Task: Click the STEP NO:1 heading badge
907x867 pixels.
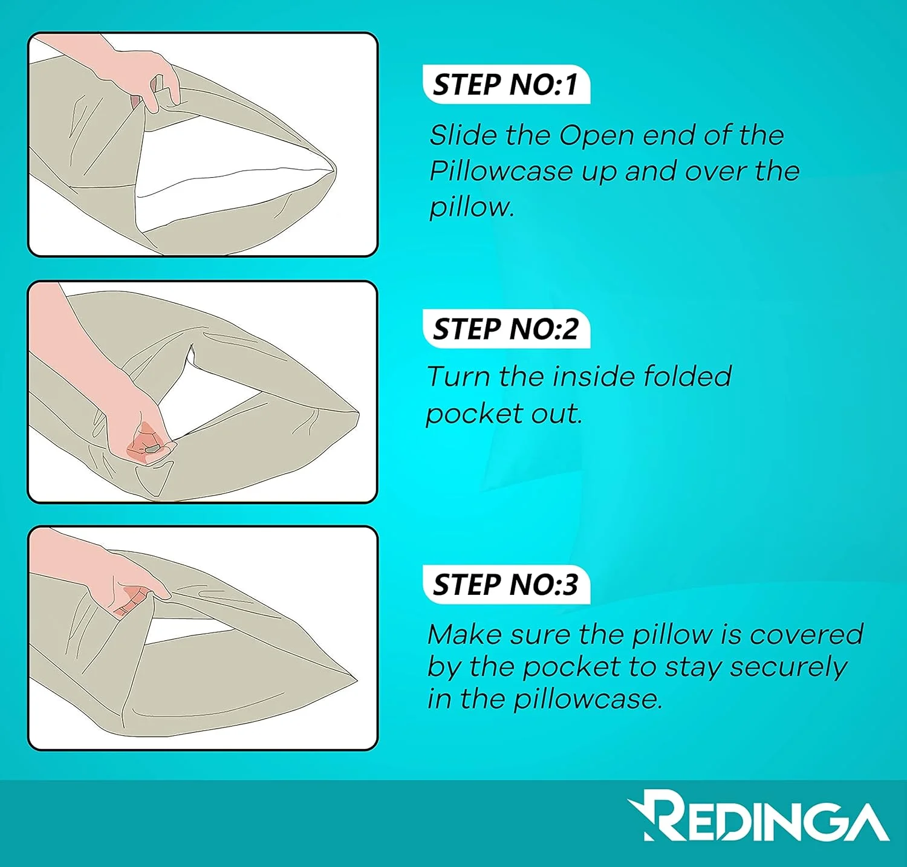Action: [x=506, y=85]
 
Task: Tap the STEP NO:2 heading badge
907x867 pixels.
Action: [x=506, y=329]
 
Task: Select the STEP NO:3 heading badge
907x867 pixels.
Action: [x=506, y=585]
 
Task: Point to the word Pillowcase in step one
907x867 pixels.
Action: [x=501, y=171]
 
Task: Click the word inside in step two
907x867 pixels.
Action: [x=595, y=376]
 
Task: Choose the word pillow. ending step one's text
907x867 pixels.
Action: [x=472, y=208]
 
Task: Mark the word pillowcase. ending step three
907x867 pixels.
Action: [x=588, y=700]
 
